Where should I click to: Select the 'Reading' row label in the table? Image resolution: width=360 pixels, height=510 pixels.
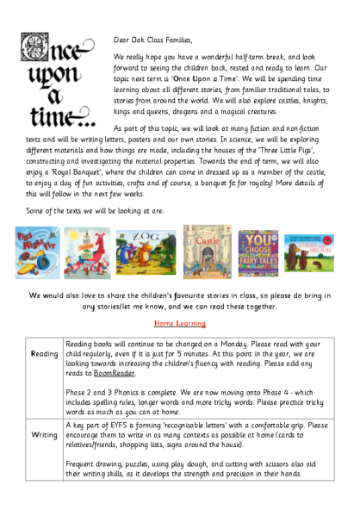tap(44, 353)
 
